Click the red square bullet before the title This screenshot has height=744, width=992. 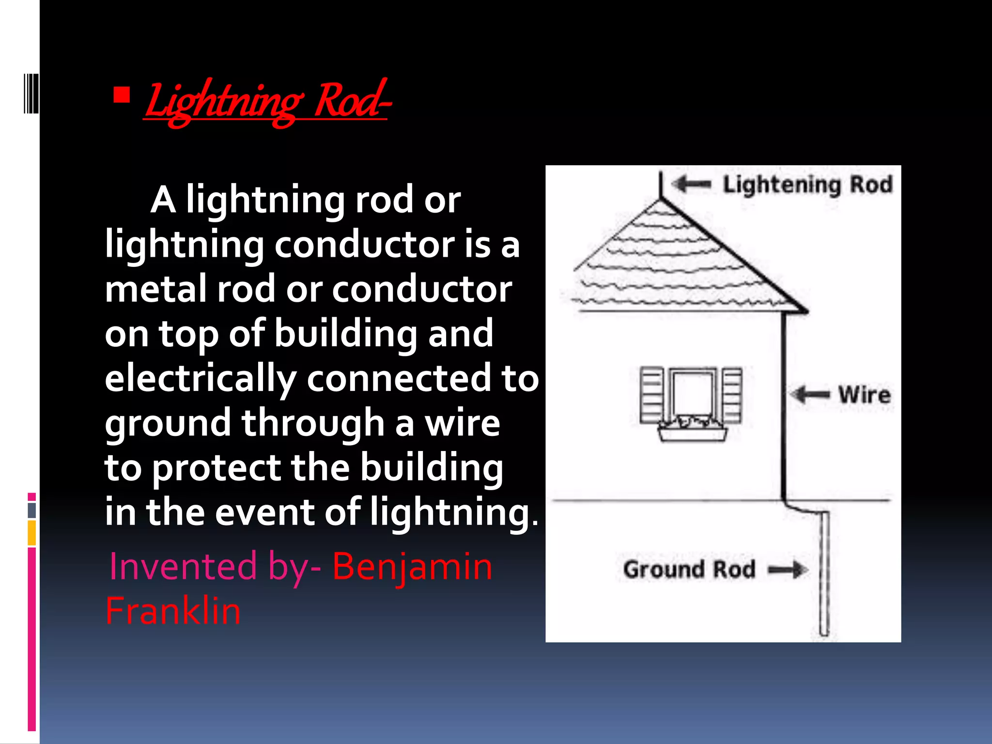point(122,95)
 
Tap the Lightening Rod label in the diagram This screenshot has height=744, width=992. point(807,185)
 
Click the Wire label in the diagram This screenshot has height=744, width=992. point(865,395)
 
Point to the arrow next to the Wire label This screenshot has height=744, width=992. point(810,394)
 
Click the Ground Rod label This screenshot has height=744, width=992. point(689,569)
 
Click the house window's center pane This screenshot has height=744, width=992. point(693,395)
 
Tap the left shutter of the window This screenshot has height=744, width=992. point(651,395)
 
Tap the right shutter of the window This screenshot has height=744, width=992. point(732,395)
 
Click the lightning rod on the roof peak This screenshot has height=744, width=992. point(661,185)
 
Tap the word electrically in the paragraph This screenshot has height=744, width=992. point(201,378)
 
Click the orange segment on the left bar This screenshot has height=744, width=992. point(32,533)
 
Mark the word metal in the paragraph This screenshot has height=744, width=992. point(156,289)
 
